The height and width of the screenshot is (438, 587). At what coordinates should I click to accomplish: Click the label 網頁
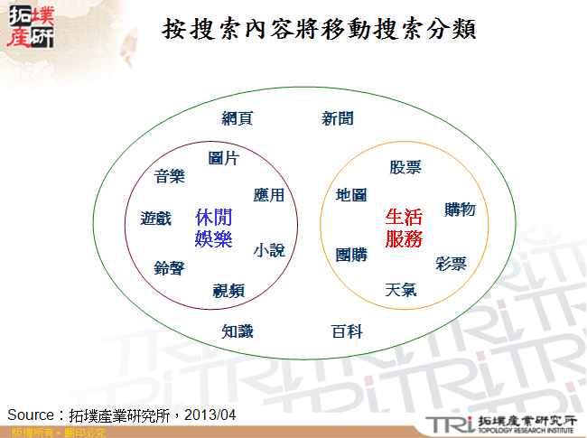238,118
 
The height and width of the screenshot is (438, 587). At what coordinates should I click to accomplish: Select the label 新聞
338,118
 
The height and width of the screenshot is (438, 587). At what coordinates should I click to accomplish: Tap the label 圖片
223,159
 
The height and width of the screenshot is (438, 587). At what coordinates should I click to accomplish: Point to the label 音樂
169,176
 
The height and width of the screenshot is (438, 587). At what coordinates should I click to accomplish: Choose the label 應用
269,195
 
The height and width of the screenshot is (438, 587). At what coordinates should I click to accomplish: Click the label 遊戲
155,219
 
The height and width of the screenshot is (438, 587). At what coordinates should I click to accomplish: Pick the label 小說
269,250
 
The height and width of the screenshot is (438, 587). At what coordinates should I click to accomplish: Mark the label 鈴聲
169,268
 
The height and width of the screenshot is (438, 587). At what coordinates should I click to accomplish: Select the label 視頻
228,290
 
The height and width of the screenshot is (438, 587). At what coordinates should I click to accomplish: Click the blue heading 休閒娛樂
213,228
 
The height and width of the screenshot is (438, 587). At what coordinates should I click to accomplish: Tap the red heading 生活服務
404,228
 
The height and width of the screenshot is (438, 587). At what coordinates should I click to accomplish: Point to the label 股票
405,167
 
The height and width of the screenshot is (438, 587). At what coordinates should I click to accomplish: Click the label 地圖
350,195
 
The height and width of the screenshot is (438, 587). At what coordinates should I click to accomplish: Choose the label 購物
460,210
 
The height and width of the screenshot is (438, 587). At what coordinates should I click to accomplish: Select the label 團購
351,255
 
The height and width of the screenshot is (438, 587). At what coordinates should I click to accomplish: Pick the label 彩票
451,264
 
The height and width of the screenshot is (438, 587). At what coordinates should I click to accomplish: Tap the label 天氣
401,290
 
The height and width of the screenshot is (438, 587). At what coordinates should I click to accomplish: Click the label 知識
238,331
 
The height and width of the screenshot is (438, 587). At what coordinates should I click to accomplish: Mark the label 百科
347,331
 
